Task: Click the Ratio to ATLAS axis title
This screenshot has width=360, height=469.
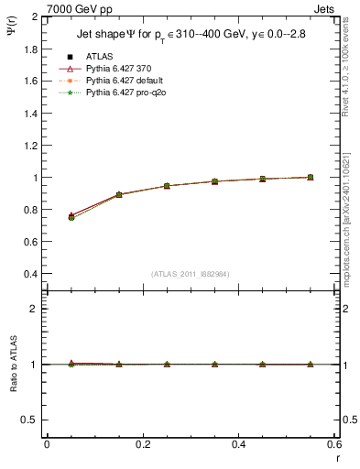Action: tap(12, 364)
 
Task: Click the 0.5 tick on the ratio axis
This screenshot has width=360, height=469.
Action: tap(30, 420)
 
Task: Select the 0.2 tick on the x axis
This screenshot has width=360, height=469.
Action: tap(143, 445)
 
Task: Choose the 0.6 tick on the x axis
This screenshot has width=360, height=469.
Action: tap(334, 445)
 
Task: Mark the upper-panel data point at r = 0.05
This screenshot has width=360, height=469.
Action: tap(71, 217)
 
